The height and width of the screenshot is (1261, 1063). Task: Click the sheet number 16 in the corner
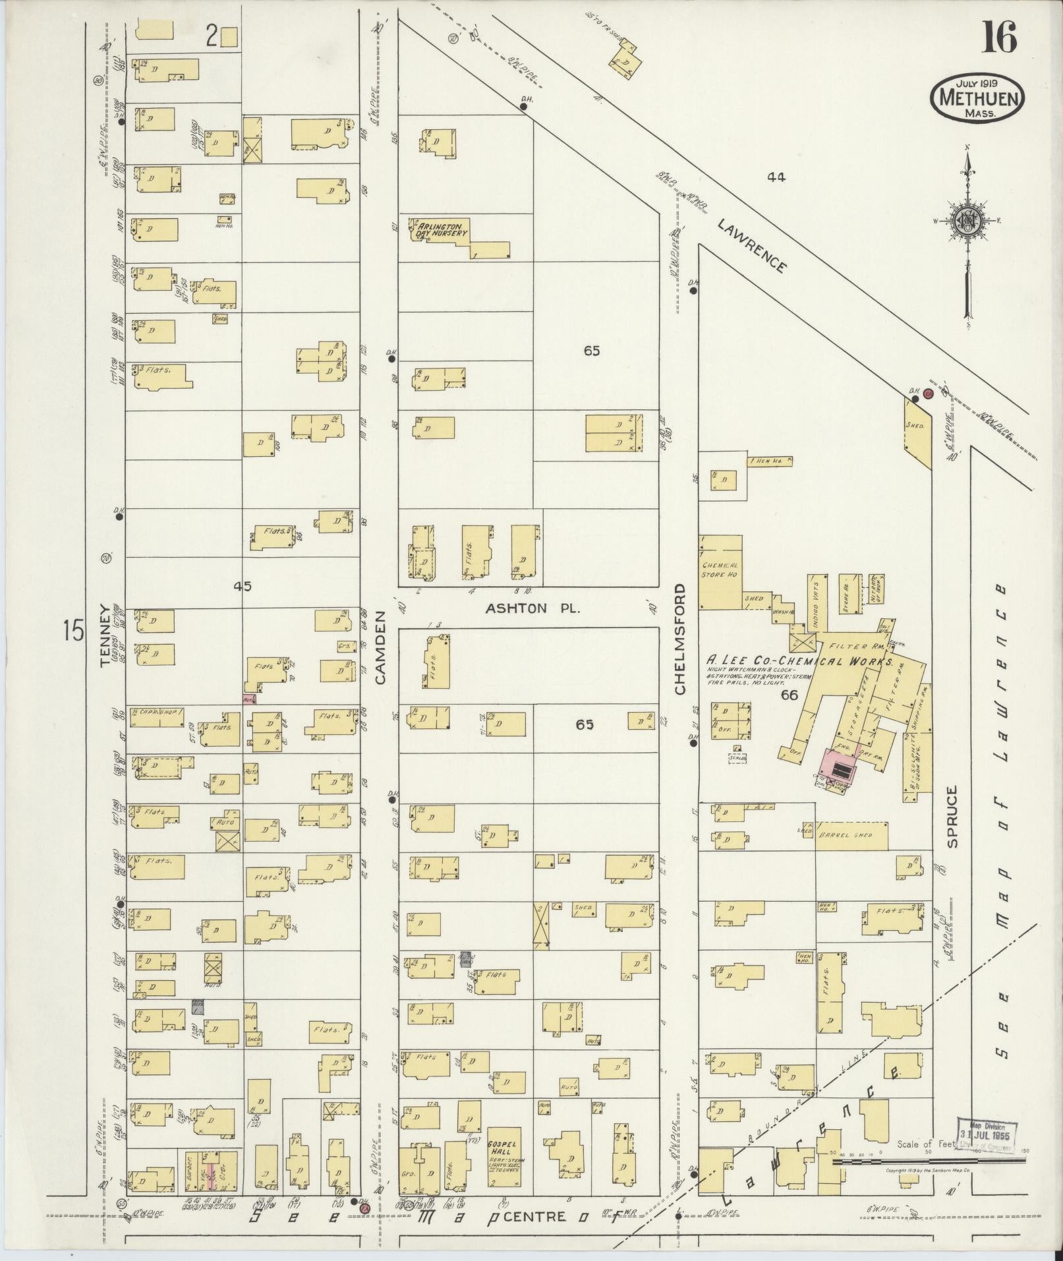pyautogui.click(x=999, y=38)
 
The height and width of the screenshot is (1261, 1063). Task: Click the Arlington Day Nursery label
pyautogui.click(x=442, y=229)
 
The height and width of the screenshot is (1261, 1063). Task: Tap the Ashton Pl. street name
pyautogui.click(x=532, y=608)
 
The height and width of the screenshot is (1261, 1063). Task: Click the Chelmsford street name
pyautogui.click(x=680, y=639)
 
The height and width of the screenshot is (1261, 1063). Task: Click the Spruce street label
pyautogui.click(x=952, y=816)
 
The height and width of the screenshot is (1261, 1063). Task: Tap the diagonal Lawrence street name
pyautogui.click(x=751, y=247)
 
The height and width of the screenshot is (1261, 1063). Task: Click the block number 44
pyautogui.click(x=777, y=177)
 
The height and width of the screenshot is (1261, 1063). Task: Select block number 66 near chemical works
pyautogui.click(x=789, y=694)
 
